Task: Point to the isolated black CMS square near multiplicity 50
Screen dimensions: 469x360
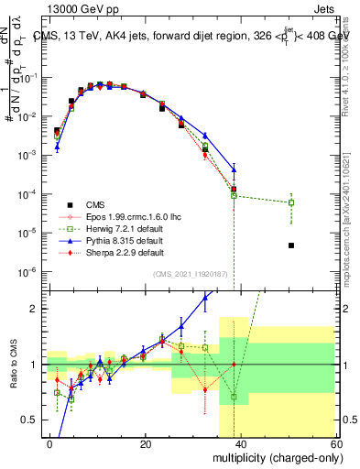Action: [x=290, y=245]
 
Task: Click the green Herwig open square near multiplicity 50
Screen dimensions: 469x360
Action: [x=290, y=202]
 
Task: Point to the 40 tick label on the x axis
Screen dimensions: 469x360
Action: [x=241, y=443]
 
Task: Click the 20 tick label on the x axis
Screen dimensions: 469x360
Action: [x=146, y=443]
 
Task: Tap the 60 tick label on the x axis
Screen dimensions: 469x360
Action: [x=335, y=443]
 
